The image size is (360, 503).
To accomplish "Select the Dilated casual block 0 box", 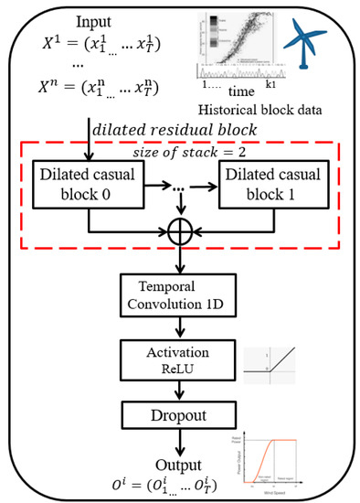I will pos(87,178).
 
